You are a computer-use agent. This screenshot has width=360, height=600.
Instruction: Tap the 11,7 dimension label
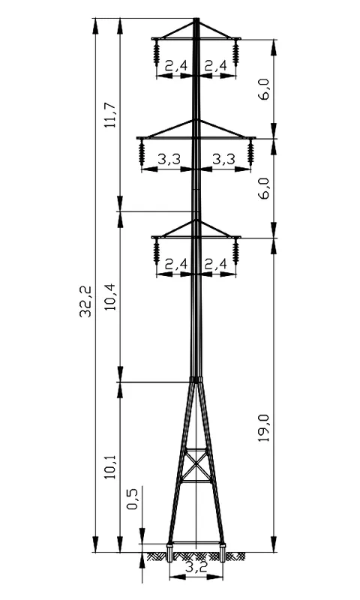pyautogui.click(x=110, y=115)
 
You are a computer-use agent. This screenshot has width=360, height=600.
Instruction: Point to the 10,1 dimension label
pyautogui.click(x=110, y=466)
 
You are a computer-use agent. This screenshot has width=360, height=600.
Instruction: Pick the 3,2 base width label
pyautogui.click(x=196, y=567)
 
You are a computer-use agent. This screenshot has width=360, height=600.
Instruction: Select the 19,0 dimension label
pyautogui.click(x=263, y=427)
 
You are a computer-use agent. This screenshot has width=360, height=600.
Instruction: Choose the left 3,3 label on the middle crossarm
pyautogui.click(x=169, y=159)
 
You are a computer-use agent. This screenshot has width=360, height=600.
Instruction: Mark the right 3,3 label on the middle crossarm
pyautogui.click(x=223, y=159)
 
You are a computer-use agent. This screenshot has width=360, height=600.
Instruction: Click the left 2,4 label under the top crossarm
pyautogui.click(x=176, y=66)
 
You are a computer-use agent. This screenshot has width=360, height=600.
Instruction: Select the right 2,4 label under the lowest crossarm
pyautogui.click(x=216, y=264)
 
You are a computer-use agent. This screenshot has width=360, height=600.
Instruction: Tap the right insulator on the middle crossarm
pyautogui.click(x=250, y=152)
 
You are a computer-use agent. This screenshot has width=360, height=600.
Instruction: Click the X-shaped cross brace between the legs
pyautogui.click(x=196, y=464)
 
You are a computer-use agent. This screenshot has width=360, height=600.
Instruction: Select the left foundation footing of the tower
pyautogui.click(x=169, y=552)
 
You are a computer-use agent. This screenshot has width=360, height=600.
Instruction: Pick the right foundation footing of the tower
pyautogui.click(x=222, y=552)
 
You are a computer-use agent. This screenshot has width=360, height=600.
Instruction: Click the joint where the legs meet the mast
pyautogui.click(x=196, y=379)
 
